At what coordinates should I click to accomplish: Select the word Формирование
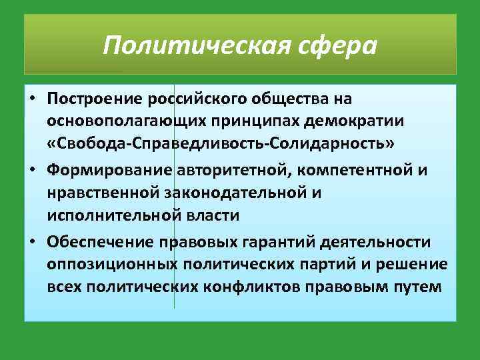click(x=110, y=171)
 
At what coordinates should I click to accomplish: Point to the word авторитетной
click(x=231, y=171)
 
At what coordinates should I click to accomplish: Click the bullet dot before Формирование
click(x=33, y=171)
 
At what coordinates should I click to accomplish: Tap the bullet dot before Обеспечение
click(x=33, y=241)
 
